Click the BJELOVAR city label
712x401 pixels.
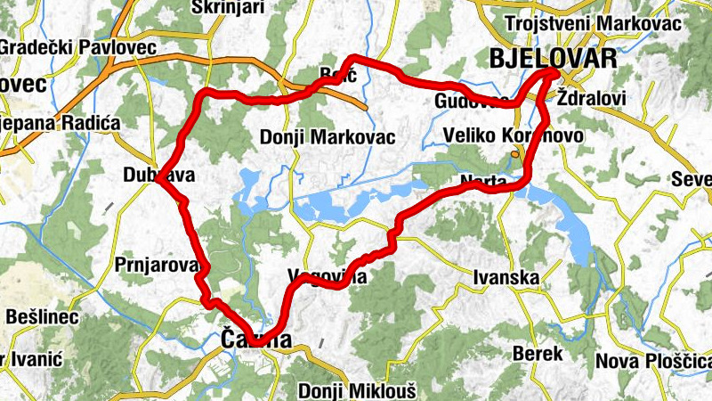553,59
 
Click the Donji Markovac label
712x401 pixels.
328,137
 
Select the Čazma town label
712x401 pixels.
255,340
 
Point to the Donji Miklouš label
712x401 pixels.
356,390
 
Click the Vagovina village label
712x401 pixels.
328,276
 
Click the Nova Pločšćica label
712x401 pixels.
653,361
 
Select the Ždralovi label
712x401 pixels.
591,97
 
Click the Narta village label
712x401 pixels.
484,182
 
